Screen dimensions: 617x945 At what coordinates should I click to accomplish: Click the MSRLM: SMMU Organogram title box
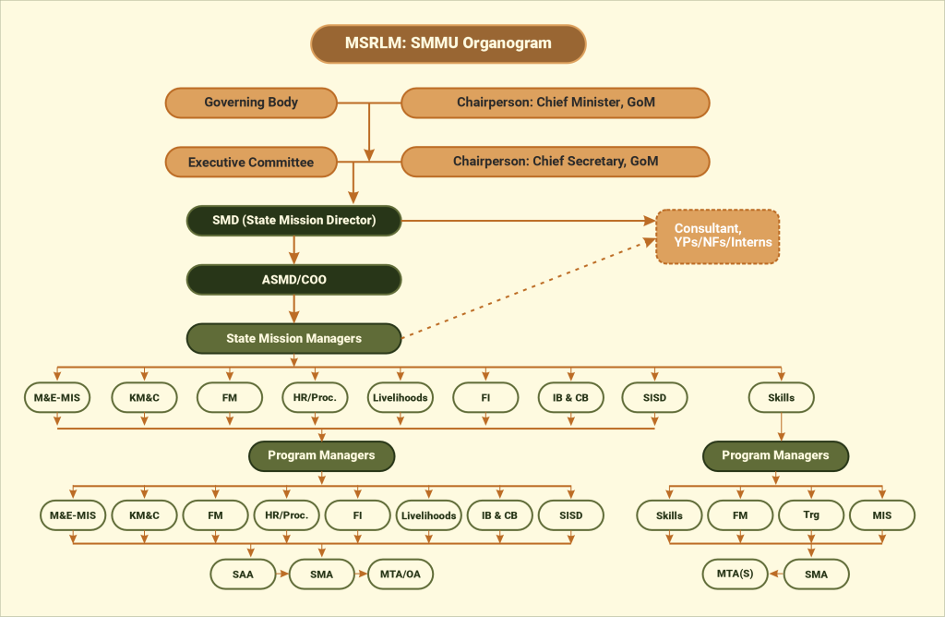(x=448, y=43)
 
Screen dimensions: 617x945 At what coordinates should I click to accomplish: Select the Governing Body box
(x=251, y=103)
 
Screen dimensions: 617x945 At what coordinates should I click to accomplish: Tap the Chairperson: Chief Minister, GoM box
(x=556, y=103)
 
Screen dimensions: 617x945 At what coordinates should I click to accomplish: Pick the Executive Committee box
(x=251, y=162)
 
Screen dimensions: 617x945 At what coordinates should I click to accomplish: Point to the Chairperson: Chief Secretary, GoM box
(x=556, y=162)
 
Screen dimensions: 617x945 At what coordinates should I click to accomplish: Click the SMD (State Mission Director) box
(x=293, y=220)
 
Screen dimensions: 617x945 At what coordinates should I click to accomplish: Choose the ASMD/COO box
(x=293, y=279)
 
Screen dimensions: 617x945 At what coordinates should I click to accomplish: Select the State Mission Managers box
(x=293, y=338)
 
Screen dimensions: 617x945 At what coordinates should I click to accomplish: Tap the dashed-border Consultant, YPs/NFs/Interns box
(x=717, y=236)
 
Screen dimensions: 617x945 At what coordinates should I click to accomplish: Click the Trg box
(x=811, y=514)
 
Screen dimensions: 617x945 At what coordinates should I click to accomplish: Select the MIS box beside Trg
(x=882, y=514)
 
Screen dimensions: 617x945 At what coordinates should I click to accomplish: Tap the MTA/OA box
(x=401, y=574)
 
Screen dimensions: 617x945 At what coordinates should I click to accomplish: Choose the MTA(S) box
(x=736, y=574)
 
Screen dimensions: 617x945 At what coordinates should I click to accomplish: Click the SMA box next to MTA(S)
(x=816, y=574)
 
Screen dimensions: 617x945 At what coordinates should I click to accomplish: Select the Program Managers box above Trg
(x=775, y=455)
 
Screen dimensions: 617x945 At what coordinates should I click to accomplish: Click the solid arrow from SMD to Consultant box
(x=526, y=221)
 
